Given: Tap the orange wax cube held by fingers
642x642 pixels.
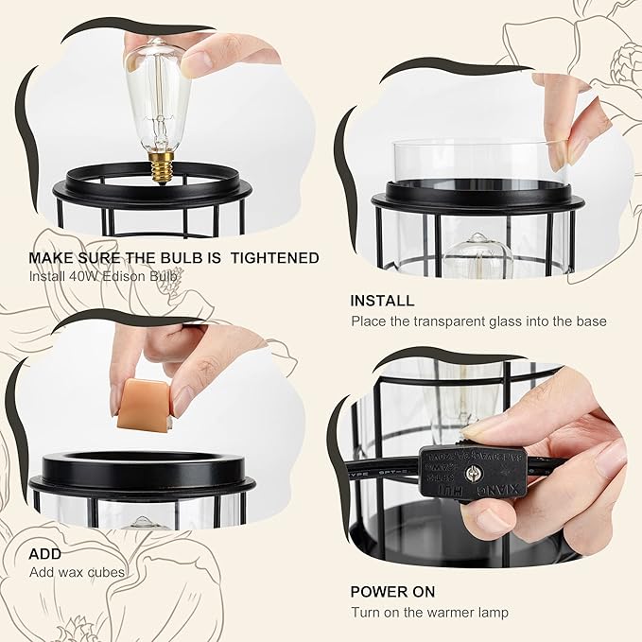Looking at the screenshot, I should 141,395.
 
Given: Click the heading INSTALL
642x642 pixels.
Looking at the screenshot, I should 382,301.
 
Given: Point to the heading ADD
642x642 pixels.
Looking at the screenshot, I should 44,553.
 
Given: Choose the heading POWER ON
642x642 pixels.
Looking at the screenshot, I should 392,591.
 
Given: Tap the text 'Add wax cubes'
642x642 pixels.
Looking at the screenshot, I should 76,572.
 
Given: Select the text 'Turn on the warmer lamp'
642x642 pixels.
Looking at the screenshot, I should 429,612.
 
